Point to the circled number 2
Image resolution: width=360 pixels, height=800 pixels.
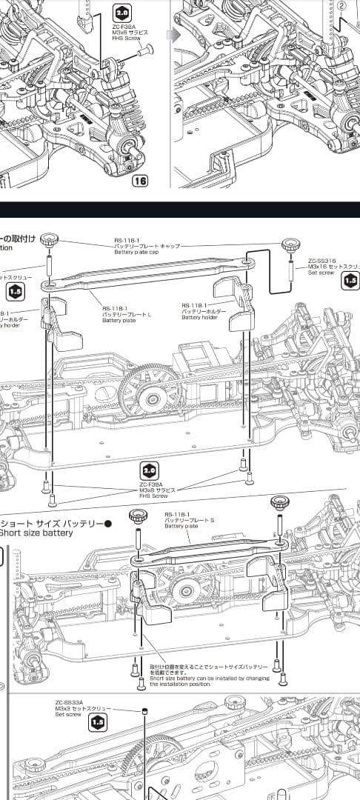point(341,4)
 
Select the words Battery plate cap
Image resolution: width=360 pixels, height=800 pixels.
point(137,252)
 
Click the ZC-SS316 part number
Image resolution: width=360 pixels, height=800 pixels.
point(322,261)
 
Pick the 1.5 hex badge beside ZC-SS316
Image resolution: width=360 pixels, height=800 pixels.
point(350,281)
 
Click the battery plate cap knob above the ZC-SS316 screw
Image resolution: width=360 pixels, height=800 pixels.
point(290,244)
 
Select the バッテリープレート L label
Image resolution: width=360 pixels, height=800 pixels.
point(127,315)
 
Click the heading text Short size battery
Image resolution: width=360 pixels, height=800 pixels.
point(37,533)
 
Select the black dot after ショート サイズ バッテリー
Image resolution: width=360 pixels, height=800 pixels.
point(108,523)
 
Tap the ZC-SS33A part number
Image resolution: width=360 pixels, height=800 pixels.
point(69,702)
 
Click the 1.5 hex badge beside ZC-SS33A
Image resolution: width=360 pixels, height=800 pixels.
point(98,721)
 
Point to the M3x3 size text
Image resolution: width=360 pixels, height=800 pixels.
point(63,709)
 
